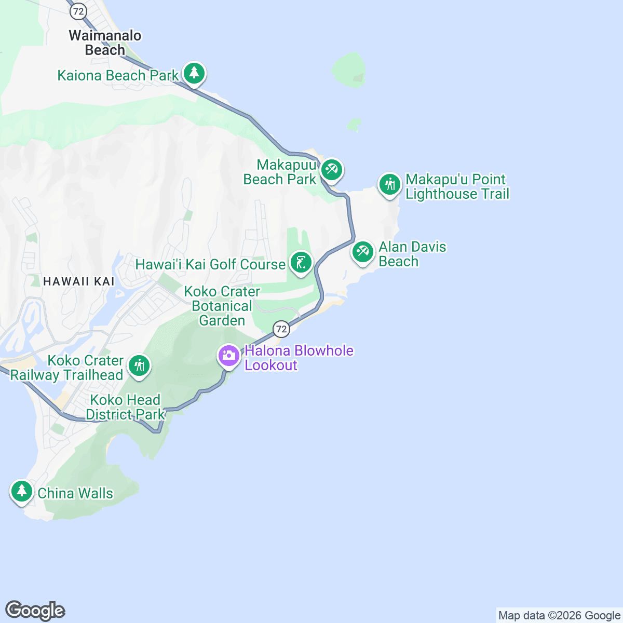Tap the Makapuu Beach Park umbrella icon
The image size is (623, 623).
(331, 169)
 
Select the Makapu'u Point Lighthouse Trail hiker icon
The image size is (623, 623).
(389, 184)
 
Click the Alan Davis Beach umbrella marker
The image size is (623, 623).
(362, 252)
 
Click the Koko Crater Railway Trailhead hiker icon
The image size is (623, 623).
(139, 366)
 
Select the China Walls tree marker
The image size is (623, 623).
(21, 491)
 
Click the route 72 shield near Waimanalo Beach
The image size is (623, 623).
(78, 11)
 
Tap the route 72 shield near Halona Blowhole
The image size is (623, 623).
(281, 329)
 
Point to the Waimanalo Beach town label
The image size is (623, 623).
(105, 43)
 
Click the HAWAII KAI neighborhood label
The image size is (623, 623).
(79, 281)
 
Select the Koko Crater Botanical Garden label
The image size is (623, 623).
(222, 306)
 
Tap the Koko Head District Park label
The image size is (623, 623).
(125, 407)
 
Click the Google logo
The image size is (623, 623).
(35, 611)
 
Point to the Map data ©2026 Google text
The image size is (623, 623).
(559, 616)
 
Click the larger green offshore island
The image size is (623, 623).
(349, 69)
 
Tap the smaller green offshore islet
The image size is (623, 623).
(355, 124)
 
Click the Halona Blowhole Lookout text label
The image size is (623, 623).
(299, 358)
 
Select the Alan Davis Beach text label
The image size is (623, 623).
(412, 254)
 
